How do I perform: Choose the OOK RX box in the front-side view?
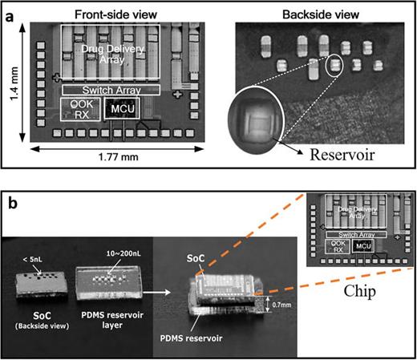click(80, 108)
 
